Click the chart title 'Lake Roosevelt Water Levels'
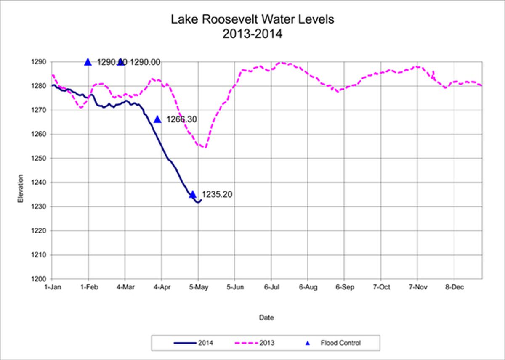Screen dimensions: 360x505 click(x=252, y=20)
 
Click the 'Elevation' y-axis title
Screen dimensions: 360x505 click(x=20, y=191)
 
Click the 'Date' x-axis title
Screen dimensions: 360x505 click(x=266, y=318)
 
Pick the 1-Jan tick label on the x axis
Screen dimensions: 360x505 click(x=52, y=287)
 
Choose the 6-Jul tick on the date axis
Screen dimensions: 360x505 click(x=271, y=287)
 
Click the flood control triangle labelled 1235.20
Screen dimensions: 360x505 click(x=193, y=194)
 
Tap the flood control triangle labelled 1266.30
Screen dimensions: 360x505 click(x=157, y=119)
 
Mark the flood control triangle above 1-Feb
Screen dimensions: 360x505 click(x=88, y=62)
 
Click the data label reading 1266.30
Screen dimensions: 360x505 click(x=182, y=119)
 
